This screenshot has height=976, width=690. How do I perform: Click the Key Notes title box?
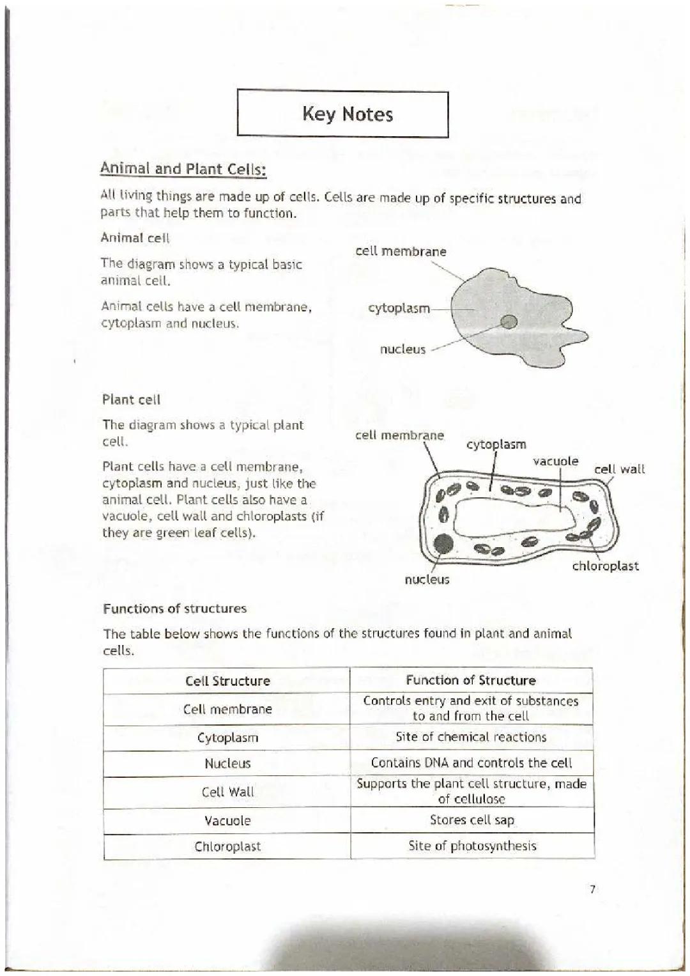point(343,114)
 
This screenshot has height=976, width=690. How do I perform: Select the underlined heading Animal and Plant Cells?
point(183,169)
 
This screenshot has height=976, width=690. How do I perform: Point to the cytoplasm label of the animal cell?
point(399,308)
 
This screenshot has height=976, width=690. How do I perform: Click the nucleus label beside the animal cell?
point(402,349)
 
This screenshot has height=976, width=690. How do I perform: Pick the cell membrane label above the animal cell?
point(401,251)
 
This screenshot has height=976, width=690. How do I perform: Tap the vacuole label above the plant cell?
point(555,461)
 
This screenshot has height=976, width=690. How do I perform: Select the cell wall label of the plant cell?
point(619,469)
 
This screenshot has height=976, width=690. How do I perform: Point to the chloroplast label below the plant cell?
point(605,566)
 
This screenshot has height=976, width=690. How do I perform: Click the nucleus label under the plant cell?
point(427,580)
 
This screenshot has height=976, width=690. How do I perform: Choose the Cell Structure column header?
point(227,681)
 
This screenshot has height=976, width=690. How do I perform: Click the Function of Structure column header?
point(471,680)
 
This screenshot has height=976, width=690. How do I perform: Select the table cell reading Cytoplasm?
point(227,738)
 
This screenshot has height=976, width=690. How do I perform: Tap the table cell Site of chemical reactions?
point(471,737)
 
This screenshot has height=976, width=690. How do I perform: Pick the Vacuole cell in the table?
point(227,821)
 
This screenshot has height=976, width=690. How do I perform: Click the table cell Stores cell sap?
point(471,820)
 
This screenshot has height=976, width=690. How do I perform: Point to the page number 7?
point(592,889)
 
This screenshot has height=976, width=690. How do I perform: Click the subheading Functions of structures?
point(174,608)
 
